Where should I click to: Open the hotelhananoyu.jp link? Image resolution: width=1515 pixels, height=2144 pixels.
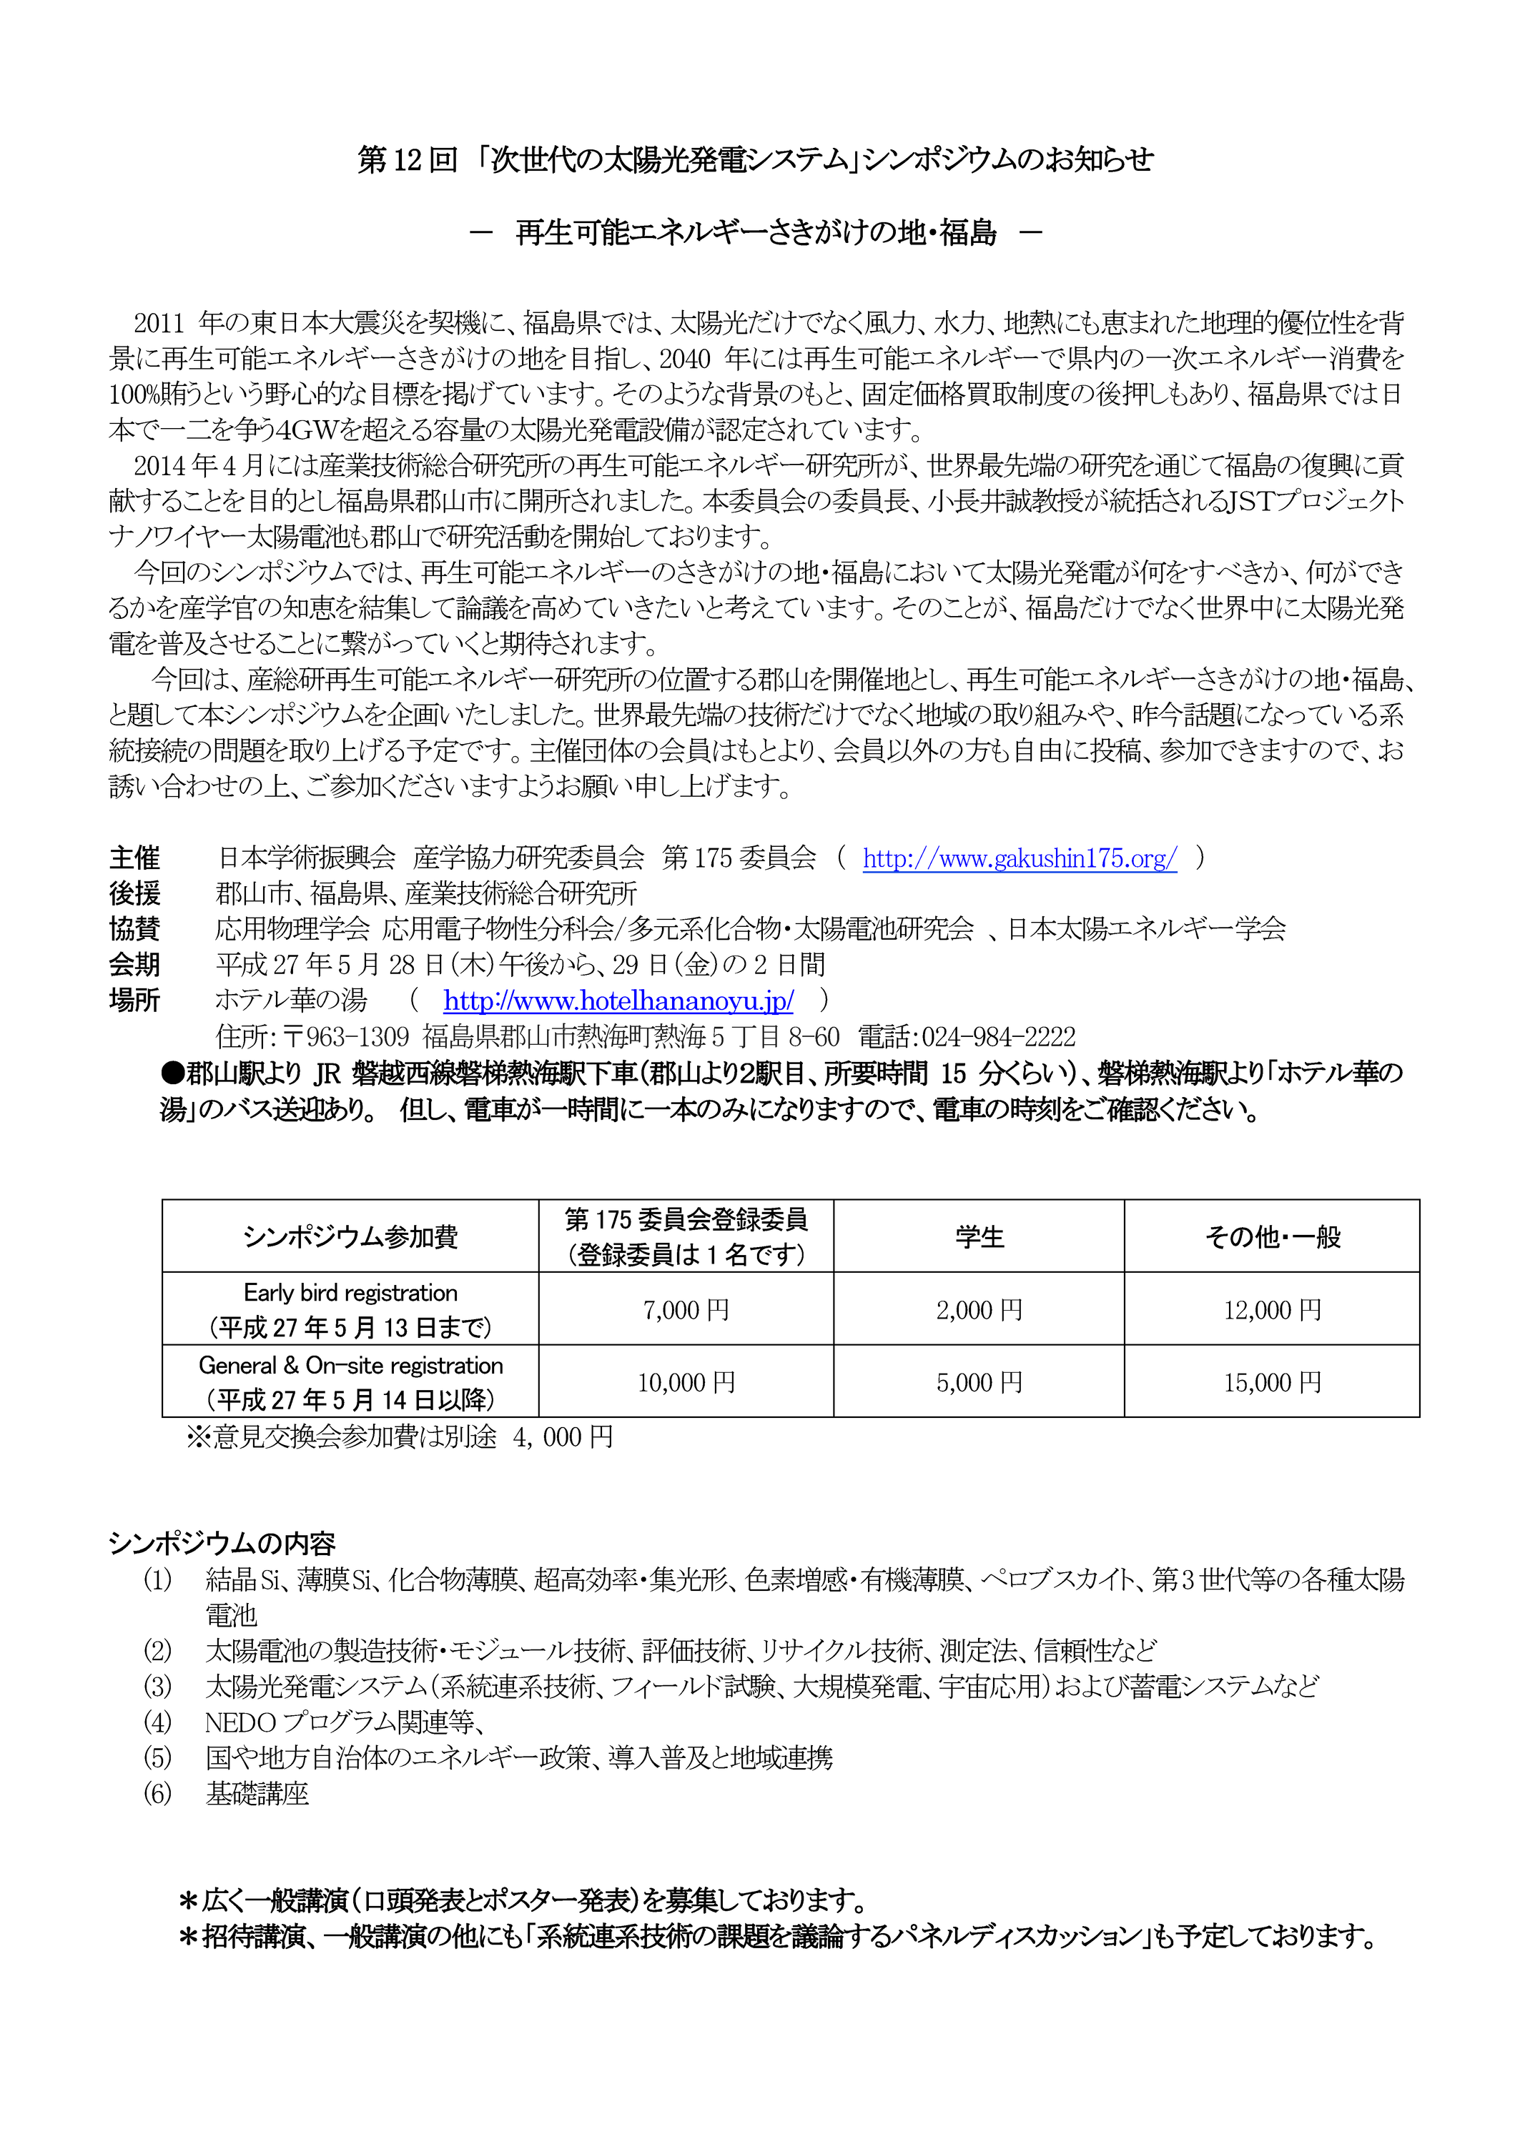(618, 1001)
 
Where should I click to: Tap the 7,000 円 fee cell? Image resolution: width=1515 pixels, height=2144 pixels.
(686, 1310)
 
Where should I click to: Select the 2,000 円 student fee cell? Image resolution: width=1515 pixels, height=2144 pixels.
(979, 1310)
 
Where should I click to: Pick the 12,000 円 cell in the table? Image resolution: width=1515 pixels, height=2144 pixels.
(1272, 1310)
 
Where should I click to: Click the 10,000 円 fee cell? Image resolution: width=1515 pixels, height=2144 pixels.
(686, 1382)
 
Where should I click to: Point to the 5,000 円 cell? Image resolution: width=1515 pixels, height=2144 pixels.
(979, 1382)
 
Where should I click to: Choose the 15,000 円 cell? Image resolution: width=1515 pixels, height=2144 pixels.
(1272, 1382)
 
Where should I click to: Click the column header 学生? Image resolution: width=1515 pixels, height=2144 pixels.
(979, 1237)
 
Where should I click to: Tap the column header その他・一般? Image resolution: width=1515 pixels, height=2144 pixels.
(1272, 1237)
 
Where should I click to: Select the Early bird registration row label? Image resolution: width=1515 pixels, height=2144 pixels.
(350, 1294)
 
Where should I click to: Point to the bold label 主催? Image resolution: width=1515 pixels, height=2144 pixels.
(134, 858)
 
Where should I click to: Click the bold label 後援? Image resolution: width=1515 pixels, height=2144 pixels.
(134, 893)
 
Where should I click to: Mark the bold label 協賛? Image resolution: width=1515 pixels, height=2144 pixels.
(134, 929)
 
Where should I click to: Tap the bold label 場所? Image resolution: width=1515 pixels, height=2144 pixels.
(134, 1001)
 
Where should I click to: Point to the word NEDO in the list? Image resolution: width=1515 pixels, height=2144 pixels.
(240, 1722)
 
